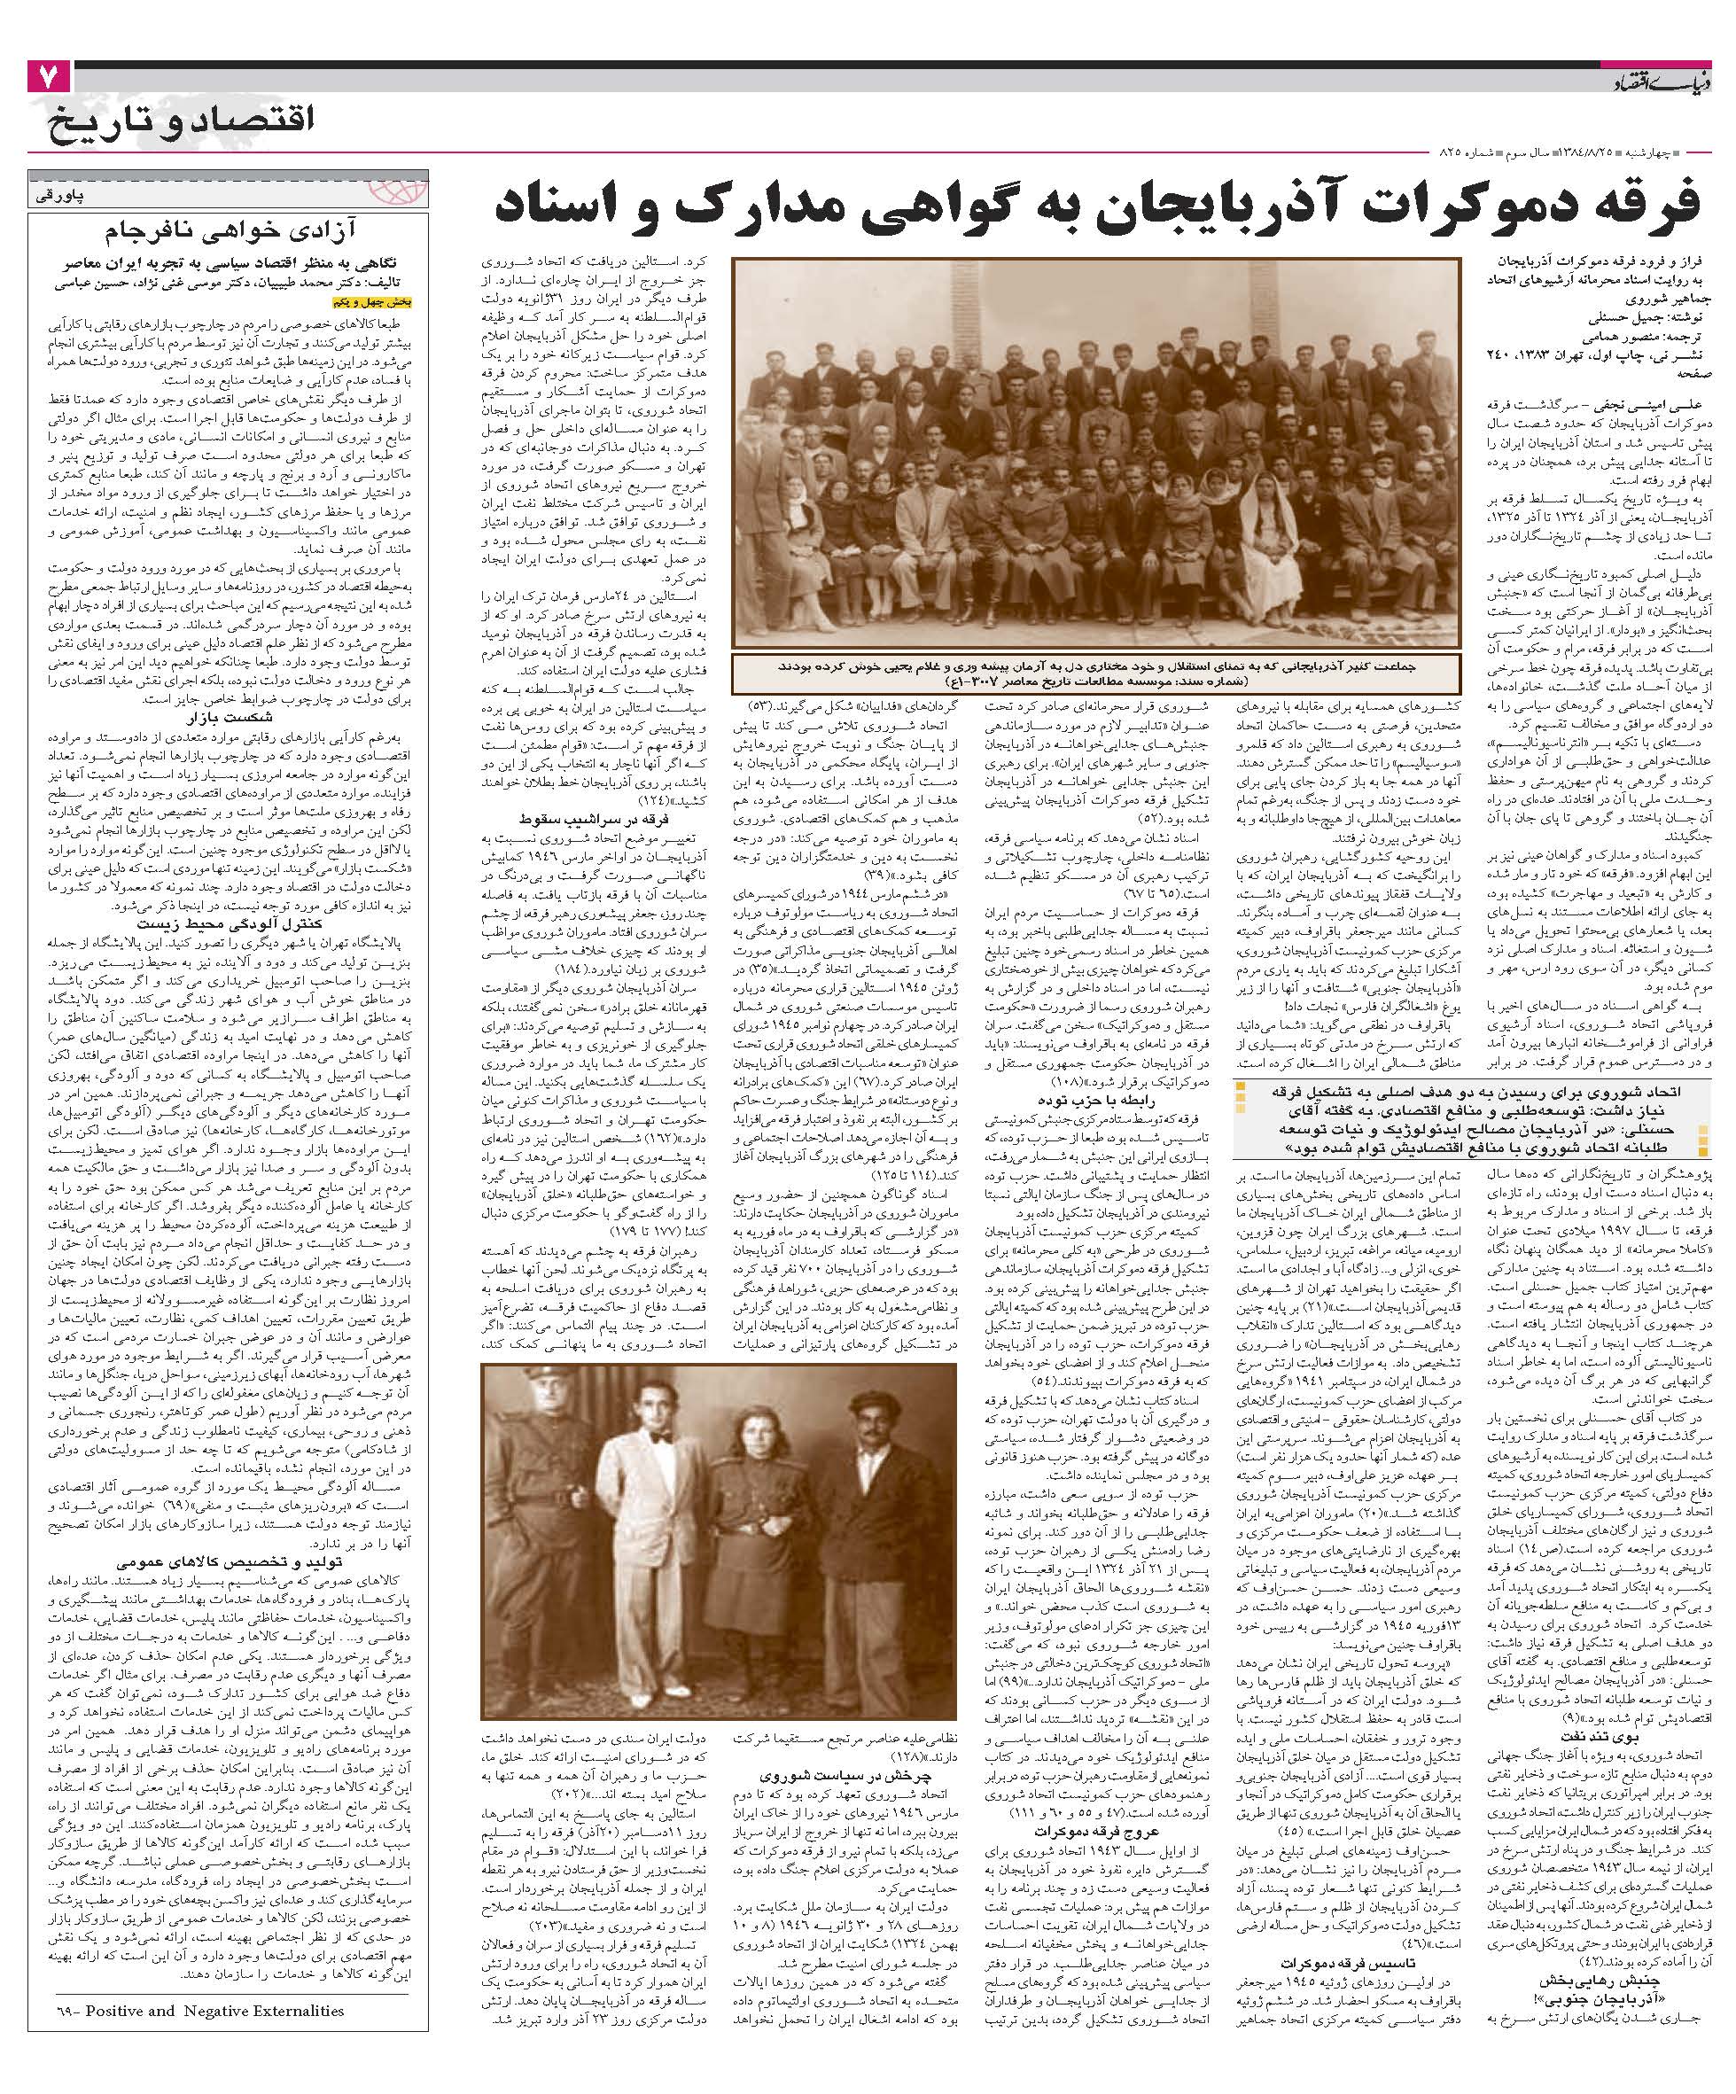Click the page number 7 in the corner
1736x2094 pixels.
click(48, 77)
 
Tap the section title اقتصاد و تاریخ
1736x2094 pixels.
click(180, 121)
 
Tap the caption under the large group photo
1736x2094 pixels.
click(1096, 669)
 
